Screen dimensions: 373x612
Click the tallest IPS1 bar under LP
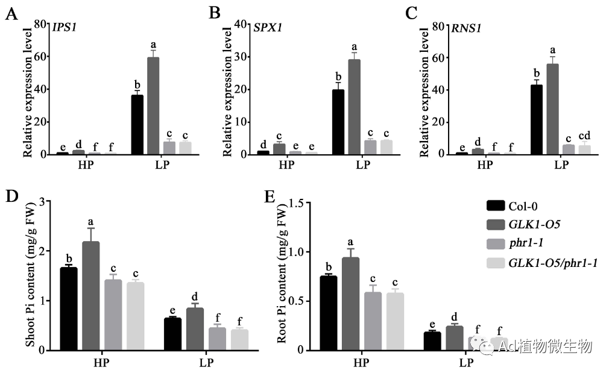click(153, 105)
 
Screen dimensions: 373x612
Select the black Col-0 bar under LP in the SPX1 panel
click(338, 122)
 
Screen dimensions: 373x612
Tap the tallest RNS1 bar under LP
click(552, 109)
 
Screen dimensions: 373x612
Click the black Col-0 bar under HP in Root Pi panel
click(329, 313)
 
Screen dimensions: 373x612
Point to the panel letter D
click(10, 196)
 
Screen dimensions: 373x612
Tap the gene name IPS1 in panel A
click(65, 27)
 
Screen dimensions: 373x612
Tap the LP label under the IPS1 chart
click(161, 165)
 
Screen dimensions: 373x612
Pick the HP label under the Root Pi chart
click(361, 363)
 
